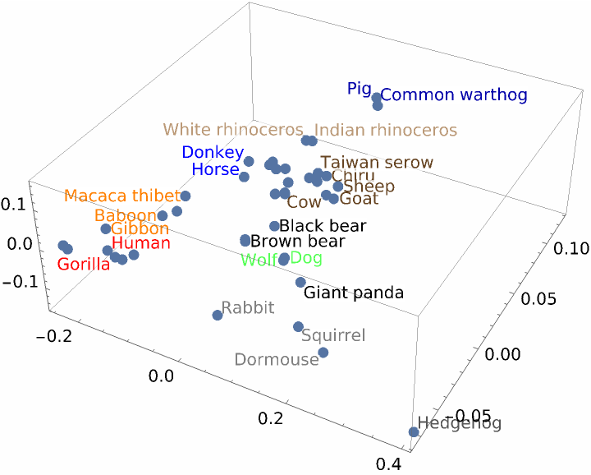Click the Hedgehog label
(x=459, y=424)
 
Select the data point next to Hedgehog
(x=413, y=431)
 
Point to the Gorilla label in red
(x=83, y=265)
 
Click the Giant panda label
(x=354, y=293)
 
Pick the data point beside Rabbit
(x=218, y=315)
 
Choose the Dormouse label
(x=276, y=360)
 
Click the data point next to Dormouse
(x=323, y=353)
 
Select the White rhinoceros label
(x=236, y=130)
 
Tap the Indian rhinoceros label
(x=386, y=130)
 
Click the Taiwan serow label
(x=377, y=163)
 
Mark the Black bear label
(x=323, y=226)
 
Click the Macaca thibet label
(x=121, y=196)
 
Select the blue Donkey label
(x=213, y=152)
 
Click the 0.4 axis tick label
(x=389, y=465)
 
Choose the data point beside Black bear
(x=275, y=226)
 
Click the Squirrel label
(x=333, y=335)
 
